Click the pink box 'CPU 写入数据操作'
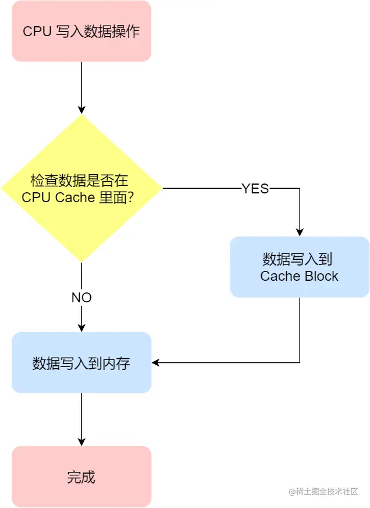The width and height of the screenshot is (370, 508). (81, 31)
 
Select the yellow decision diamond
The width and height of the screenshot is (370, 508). (81, 188)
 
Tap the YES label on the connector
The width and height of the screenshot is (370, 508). (255, 188)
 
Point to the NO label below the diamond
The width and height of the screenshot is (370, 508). (81, 298)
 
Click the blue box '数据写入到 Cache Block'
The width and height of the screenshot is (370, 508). (300, 267)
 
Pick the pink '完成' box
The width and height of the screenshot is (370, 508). (81, 477)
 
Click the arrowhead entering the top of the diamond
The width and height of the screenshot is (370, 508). (81, 110)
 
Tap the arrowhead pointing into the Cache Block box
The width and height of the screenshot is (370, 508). (300, 232)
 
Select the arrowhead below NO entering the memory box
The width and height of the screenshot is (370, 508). (81, 327)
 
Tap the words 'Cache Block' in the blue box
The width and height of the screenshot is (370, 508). (300, 276)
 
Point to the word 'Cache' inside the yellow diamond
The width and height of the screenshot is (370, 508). (75, 197)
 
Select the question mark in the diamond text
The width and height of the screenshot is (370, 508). (132, 197)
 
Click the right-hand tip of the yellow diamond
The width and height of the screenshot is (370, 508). (161, 188)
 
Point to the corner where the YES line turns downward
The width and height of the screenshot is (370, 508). (300, 188)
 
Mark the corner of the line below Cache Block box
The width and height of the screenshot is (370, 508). (300, 362)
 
